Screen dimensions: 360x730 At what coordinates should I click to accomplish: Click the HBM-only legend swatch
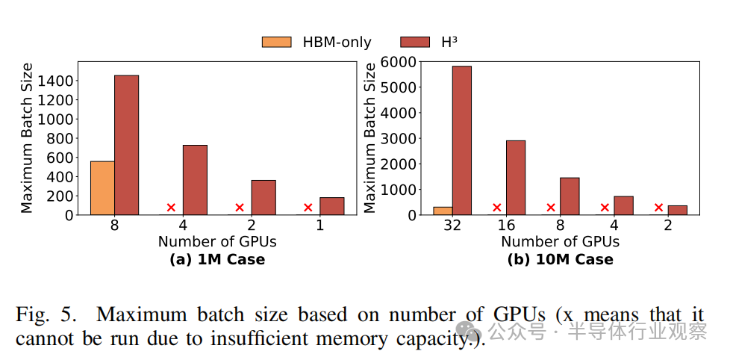pos(276,42)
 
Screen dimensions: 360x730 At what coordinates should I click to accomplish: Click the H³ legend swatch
pos(416,42)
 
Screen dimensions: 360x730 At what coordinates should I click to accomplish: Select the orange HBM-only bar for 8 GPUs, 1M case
pos(102,187)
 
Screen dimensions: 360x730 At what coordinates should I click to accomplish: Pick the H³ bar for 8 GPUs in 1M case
pos(126,145)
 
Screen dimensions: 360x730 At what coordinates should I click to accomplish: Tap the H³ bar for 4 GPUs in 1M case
pos(195,180)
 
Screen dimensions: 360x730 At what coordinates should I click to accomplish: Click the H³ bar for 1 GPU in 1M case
pos(332,205)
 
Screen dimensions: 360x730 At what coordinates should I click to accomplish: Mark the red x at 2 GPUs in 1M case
pos(240,208)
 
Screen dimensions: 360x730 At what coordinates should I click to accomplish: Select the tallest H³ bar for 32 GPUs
pos(461,140)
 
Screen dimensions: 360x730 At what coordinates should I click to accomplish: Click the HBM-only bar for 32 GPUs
pos(443,211)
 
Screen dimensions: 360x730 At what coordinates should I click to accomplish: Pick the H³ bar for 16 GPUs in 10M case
pos(516,178)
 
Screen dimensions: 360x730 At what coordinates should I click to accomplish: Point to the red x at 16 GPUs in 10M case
pos(497,208)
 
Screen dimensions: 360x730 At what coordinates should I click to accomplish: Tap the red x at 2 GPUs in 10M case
pos(659,208)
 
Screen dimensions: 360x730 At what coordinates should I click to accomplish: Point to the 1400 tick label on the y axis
pos(57,81)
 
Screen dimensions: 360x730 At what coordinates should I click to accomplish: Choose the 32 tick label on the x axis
pos(452,224)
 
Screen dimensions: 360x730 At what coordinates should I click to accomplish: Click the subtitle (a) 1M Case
pos(217,260)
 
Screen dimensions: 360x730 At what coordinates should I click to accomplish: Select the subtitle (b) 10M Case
pos(560,260)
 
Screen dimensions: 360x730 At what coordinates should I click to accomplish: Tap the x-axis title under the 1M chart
pos(217,242)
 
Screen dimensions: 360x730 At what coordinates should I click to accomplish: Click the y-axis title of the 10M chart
pos(371,138)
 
